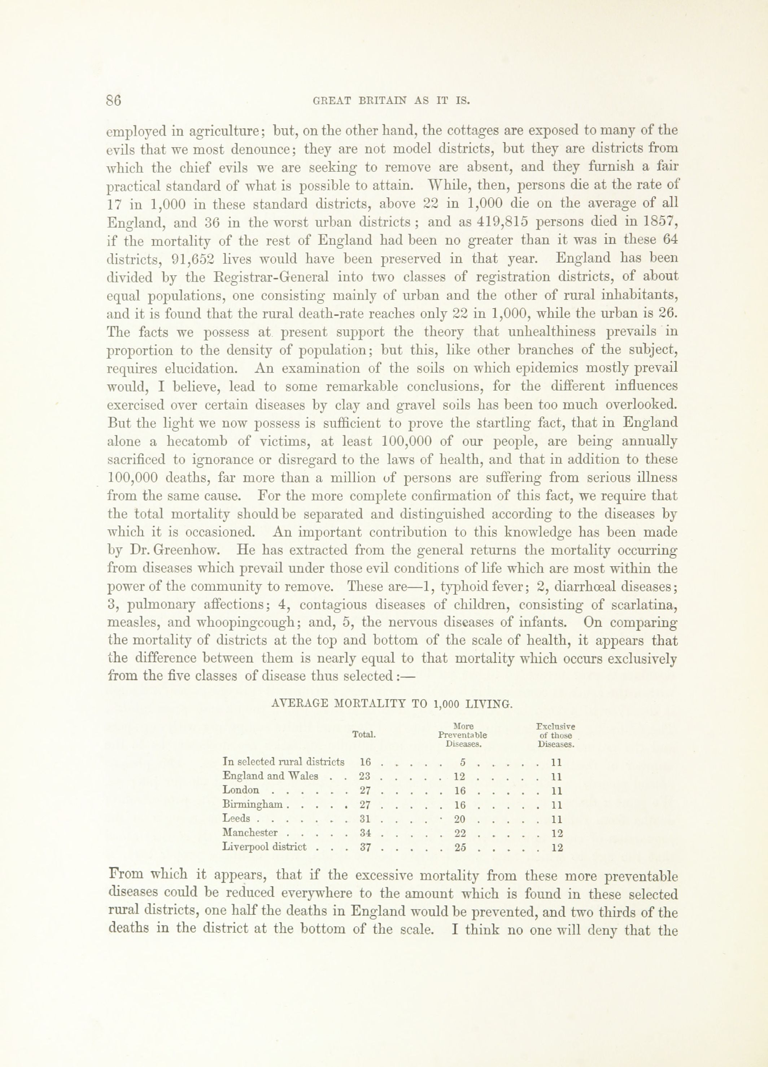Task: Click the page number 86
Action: [x=114, y=101]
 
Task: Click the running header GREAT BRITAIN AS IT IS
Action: [x=392, y=101]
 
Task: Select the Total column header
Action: [x=364, y=734]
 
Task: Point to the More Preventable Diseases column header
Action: [x=462, y=735]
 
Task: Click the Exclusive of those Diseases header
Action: [x=555, y=735]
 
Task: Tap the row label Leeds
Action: [x=236, y=819]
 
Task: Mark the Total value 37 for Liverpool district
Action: [x=366, y=847]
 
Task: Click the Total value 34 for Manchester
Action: [x=366, y=833]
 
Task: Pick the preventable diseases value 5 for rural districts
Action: [x=463, y=762]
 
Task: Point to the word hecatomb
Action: [x=197, y=441]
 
